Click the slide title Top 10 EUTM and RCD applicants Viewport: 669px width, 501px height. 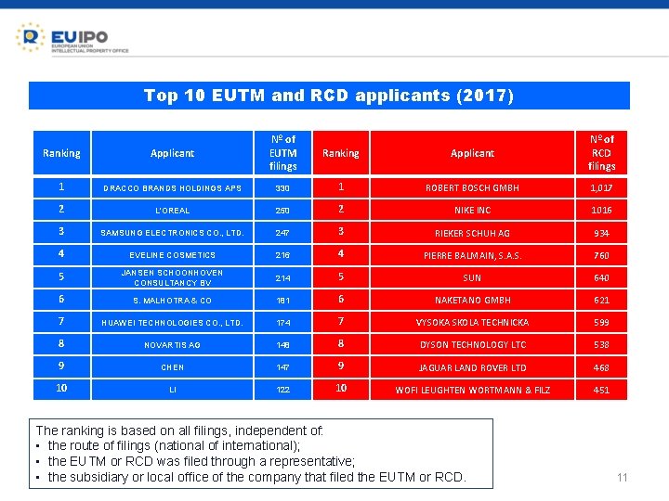click(x=329, y=96)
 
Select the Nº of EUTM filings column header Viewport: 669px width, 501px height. click(x=282, y=153)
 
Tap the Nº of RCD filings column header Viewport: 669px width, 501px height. click(x=601, y=153)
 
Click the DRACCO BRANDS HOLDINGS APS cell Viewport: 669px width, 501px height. click(x=172, y=188)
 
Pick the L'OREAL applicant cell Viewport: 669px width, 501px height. click(x=172, y=211)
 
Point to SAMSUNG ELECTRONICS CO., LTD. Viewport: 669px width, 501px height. click(x=172, y=232)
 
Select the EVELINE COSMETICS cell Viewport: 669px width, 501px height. click(x=172, y=255)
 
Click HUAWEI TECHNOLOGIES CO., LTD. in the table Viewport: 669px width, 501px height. click(x=172, y=323)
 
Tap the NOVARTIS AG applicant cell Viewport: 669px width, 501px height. click(x=172, y=345)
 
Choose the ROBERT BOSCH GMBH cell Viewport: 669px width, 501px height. click(x=472, y=188)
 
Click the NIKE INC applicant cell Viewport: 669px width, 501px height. click(x=472, y=211)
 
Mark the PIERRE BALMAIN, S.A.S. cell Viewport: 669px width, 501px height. click(x=472, y=255)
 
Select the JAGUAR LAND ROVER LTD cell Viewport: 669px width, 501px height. click(x=472, y=367)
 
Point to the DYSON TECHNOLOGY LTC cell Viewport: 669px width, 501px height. click(x=472, y=345)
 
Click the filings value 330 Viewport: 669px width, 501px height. click(x=282, y=188)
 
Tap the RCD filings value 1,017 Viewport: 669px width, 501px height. click(x=601, y=188)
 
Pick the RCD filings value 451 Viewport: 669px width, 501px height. click(x=601, y=391)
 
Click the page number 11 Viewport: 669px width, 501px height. click(x=623, y=478)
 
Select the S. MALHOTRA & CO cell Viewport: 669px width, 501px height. click(x=172, y=301)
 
